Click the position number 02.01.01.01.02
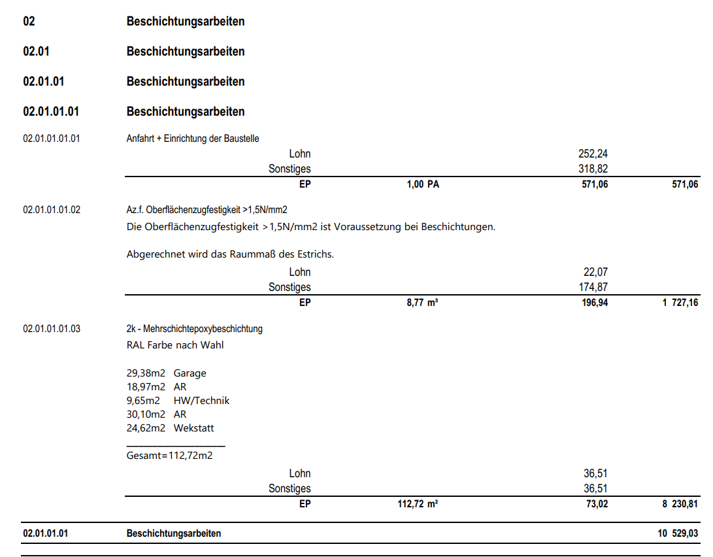[x=52, y=210]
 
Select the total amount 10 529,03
[x=678, y=533]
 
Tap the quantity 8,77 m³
[x=422, y=303]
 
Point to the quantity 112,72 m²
[x=418, y=504]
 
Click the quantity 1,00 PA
[x=423, y=184]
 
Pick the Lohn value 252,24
[x=593, y=154]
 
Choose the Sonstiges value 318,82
[x=593, y=169]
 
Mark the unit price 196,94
[x=595, y=303]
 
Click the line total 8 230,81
[x=680, y=504]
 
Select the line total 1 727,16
[x=680, y=303]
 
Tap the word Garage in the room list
[x=190, y=373]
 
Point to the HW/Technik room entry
[x=201, y=401]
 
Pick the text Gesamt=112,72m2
[x=169, y=456]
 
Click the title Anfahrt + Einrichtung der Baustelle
[x=193, y=139]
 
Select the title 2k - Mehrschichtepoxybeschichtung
[x=194, y=329]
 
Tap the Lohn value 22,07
[x=596, y=272]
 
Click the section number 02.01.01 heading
[x=43, y=82]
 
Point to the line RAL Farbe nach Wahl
[x=174, y=345]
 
